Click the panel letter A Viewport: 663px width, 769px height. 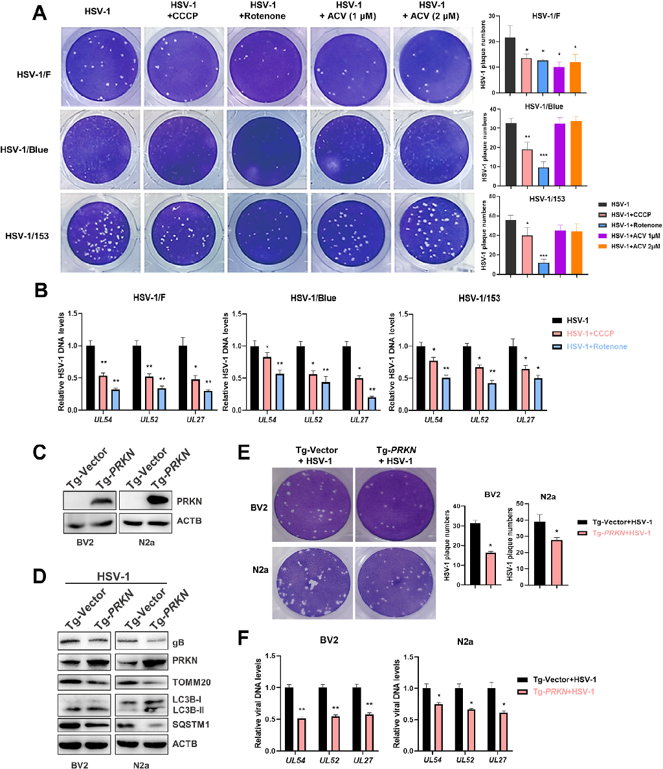pyautogui.click(x=40, y=13)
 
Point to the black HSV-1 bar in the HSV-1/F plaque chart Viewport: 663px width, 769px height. pyautogui.click(x=510, y=65)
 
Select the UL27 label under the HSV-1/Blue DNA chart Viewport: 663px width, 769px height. pyautogui.click(x=356, y=420)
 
